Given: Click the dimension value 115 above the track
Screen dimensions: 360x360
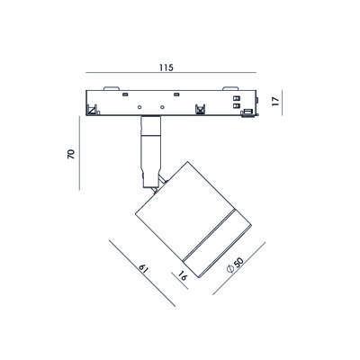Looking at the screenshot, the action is coord(166,67).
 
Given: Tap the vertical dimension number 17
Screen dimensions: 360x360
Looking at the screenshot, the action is coord(275,101).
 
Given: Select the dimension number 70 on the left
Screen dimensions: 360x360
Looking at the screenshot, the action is coord(71,153).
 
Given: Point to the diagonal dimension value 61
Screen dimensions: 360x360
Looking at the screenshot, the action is coord(144,268).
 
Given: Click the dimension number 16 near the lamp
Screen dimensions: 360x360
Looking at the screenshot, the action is coord(182,275).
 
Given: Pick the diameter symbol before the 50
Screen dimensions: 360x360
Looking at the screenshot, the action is coord(230,269).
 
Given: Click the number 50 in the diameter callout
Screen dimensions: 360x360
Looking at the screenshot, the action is coord(238,263).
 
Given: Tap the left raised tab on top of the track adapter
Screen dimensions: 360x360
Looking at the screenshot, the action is coord(112,88).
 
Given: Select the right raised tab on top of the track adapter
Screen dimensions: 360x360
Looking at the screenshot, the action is coord(230,88).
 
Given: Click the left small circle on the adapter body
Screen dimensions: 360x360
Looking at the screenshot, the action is coord(139,107).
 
